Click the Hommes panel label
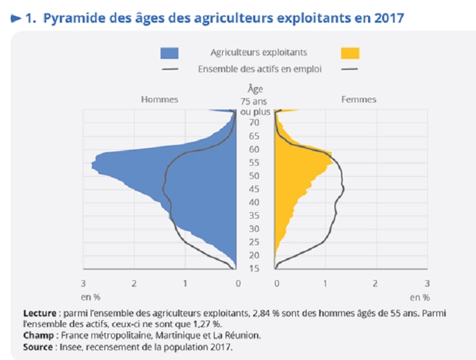[159, 100]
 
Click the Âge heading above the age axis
[254, 90]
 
